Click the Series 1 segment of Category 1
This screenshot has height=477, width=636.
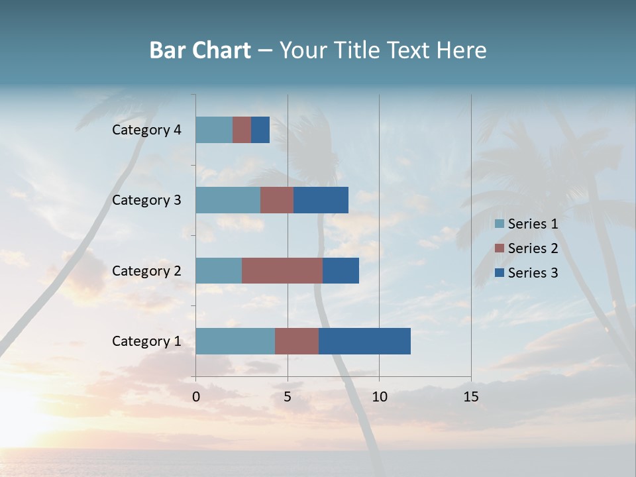tap(235, 341)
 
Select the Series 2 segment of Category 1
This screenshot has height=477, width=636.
tap(297, 341)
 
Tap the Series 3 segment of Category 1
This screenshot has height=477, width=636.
tap(364, 341)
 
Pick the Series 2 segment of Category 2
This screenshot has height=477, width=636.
tap(282, 270)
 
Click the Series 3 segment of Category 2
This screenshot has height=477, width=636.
tap(341, 270)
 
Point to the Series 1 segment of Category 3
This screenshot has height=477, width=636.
tap(228, 200)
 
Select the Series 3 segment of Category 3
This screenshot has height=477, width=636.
tap(321, 200)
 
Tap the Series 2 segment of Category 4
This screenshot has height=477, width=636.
tap(242, 130)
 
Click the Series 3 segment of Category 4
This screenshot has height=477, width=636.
tap(260, 130)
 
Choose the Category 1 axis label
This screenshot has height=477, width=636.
tap(146, 341)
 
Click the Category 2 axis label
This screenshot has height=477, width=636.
tap(146, 270)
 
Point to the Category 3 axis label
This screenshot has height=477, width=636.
tap(146, 200)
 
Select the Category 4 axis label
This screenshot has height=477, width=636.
tap(146, 130)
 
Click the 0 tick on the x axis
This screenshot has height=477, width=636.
tap(196, 397)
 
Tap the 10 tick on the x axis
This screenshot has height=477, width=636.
tap(379, 397)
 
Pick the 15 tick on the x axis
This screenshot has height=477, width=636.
tap(470, 397)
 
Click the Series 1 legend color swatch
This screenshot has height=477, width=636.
tap(500, 224)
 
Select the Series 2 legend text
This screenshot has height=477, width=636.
tap(533, 248)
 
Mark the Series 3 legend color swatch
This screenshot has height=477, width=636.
tap(500, 273)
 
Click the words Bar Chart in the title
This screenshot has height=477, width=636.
tap(200, 50)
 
